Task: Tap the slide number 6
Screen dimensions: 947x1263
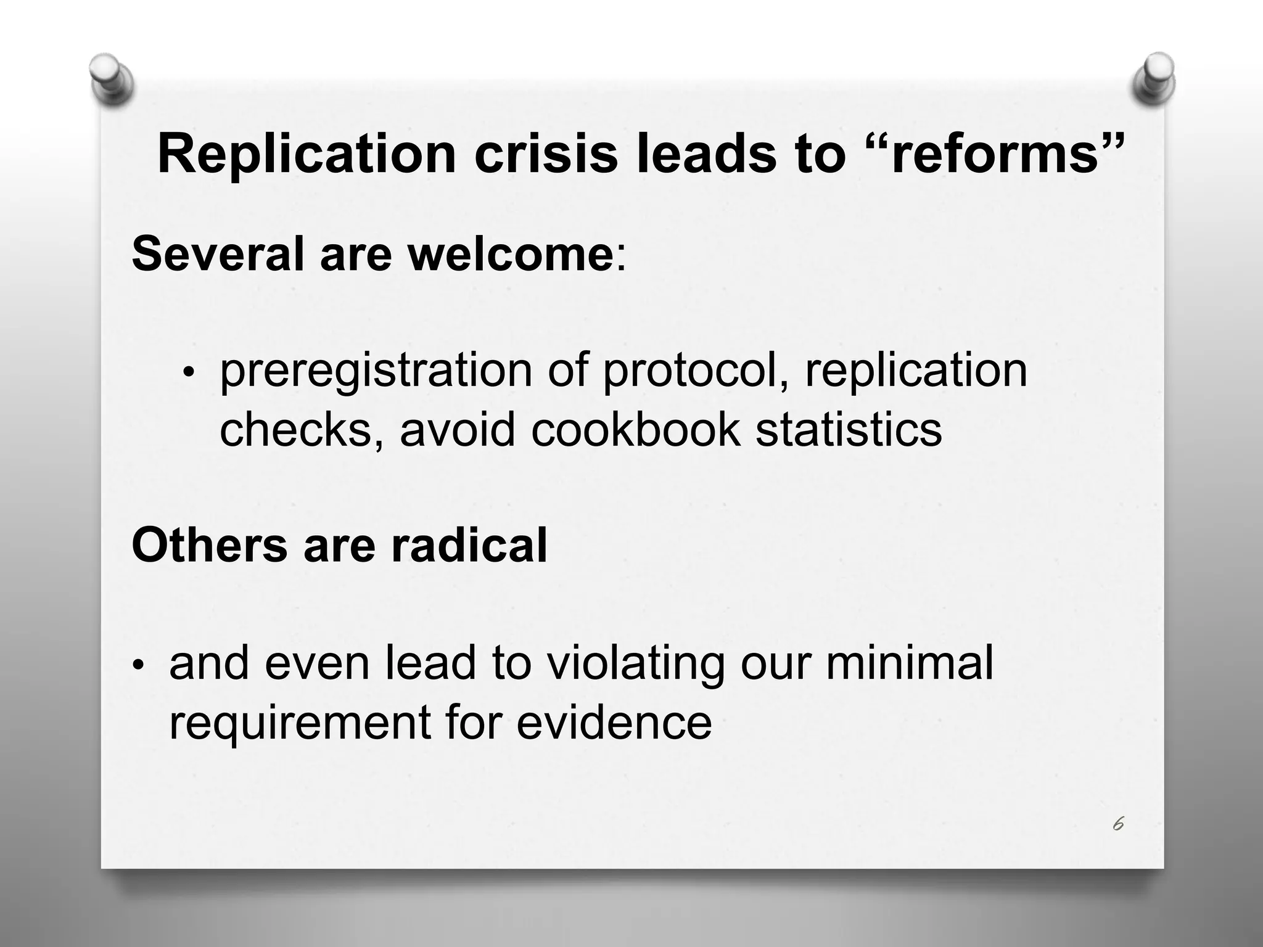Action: [x=1118, y=824]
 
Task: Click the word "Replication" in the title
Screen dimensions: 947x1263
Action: [x=306, y=154]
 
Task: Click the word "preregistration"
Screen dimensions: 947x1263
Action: [x=376, y=371]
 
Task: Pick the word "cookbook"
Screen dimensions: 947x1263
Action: [x=635, y=429]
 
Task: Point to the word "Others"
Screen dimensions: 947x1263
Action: [x=209, y=545]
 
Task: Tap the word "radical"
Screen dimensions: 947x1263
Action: [x=469, y=545]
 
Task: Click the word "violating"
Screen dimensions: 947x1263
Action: [x=636, y=663]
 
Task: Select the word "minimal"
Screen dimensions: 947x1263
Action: [x=910, y=663]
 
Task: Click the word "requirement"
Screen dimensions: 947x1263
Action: [x=299, y=722]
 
